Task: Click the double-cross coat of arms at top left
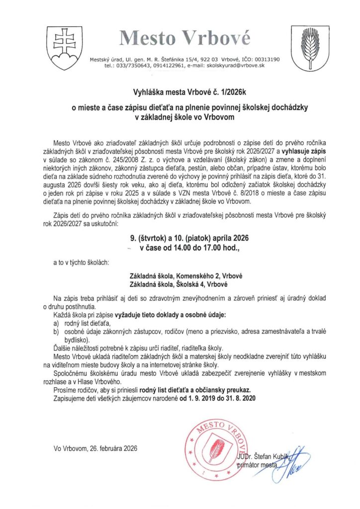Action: (64, 46)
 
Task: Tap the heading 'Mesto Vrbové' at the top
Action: (184, 37)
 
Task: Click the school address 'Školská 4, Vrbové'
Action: (197, 284)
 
